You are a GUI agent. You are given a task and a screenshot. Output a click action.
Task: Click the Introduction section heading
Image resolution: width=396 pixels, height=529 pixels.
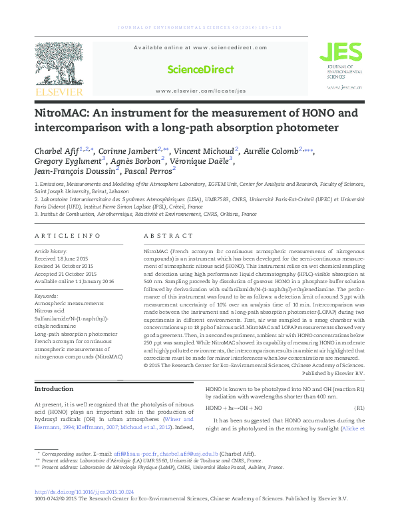coord(54,389)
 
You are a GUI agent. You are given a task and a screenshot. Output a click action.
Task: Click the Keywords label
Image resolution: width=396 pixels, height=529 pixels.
coord(46,295)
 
